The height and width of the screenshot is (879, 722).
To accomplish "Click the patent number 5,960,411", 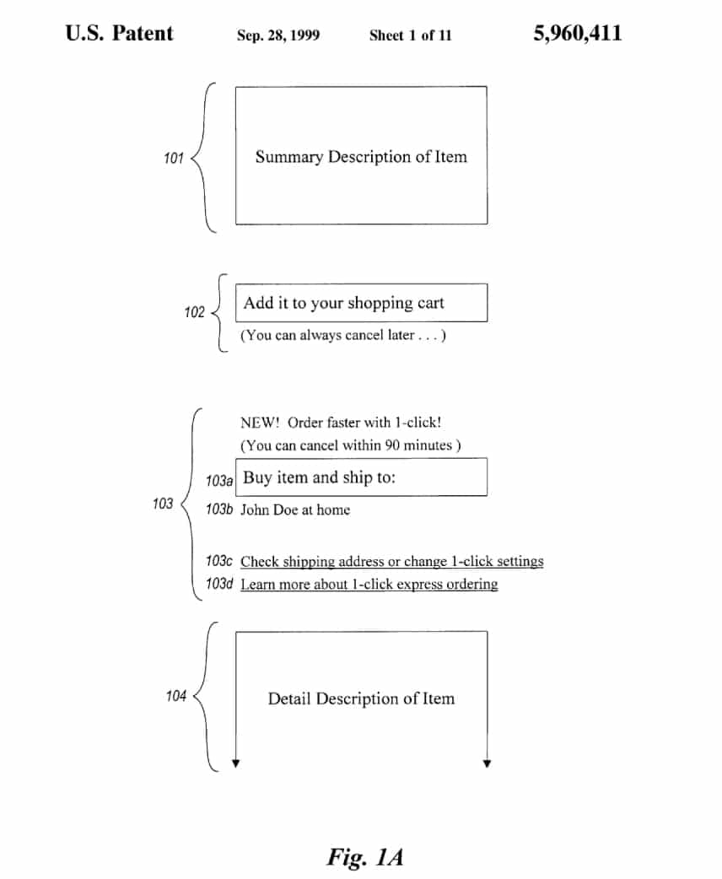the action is [x=578, y=34].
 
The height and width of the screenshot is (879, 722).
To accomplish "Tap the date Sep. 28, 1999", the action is [x=278, y=35].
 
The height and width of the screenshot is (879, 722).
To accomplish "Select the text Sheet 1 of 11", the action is [x=410, y=35].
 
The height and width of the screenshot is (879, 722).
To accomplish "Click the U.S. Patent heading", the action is [x=120, y=33].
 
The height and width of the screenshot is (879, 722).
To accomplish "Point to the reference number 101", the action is [x=174, y=158].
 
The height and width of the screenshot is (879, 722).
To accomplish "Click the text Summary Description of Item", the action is [x=361, y=156].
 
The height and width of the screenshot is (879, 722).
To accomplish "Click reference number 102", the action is [x=195, y=312].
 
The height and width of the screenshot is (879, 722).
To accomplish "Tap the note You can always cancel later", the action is [x=343, y=335].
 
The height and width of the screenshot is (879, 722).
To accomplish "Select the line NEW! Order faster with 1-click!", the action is [x=341, y=422].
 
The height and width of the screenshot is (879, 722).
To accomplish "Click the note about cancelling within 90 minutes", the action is [x=351, y=445].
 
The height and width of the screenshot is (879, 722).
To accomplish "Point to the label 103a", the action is [x=219, y=481].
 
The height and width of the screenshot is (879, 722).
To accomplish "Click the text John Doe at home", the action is [x=295, y=510].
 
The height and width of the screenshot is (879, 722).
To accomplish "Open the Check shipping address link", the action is [x=392, y=561].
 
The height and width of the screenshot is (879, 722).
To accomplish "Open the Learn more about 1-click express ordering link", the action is [x=369, y=584].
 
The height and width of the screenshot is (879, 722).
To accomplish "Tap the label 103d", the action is [x=219, y=584].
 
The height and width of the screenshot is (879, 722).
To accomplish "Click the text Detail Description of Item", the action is [x=361, y=698].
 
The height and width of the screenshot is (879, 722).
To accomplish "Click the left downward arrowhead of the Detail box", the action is [x=236, y=763].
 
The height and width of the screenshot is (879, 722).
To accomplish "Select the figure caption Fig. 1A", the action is [x=365, y=857].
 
